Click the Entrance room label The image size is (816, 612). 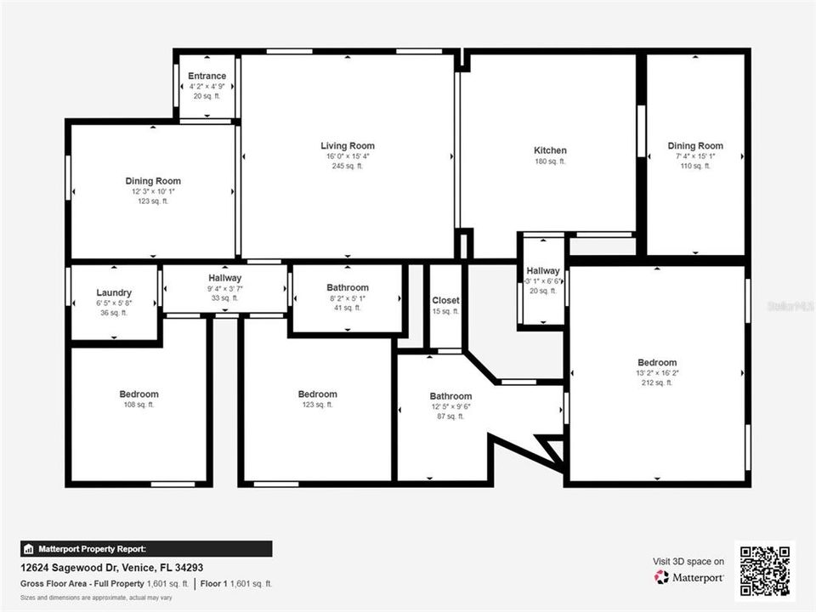[207, 76]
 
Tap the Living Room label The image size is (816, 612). [348, 145]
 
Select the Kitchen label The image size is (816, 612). [550, 150]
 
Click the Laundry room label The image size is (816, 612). [114, 292]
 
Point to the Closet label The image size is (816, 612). [445, 300]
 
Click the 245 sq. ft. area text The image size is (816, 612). [348, 166]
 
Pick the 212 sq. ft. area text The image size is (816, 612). [657, 382]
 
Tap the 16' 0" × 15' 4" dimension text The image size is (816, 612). [348, 156]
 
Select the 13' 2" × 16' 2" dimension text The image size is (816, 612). [657, 373]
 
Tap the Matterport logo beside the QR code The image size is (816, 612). [689, 577]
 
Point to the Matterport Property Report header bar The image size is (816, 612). [146, 549]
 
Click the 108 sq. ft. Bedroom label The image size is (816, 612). [139, 394]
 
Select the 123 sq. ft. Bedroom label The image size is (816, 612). [318, 394]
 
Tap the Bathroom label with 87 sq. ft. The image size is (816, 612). [450, 396]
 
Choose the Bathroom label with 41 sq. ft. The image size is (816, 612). [348, 288]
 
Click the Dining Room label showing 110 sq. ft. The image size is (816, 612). [694, 146]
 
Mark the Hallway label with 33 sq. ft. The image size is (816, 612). [225, 278]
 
